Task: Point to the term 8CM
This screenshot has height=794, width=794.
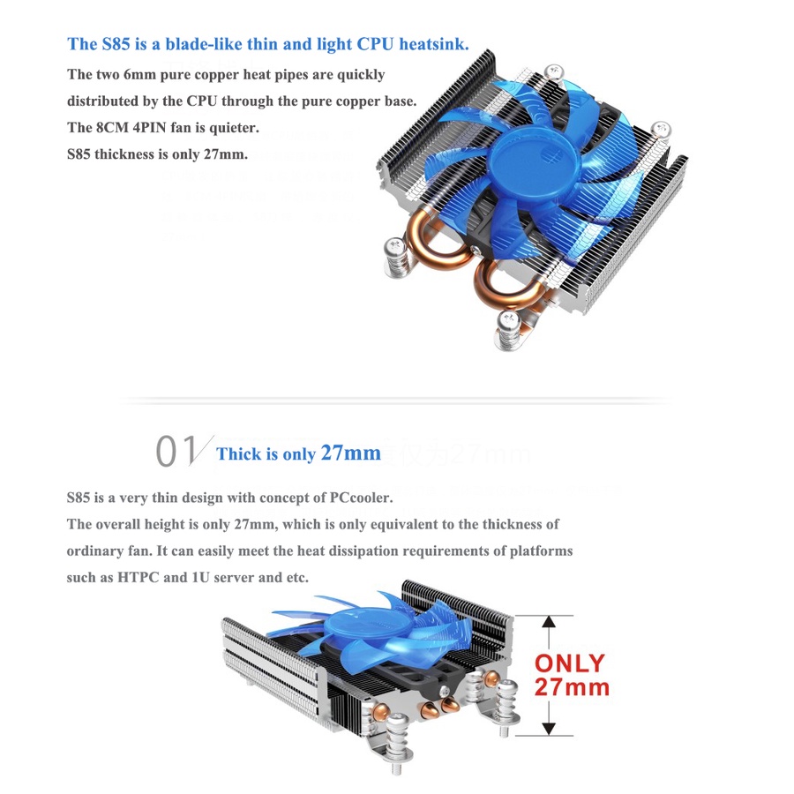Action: pyautogui.click(x=114, y=128)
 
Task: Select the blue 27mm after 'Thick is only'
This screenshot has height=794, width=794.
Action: pyautogui.click(x=350, y=453)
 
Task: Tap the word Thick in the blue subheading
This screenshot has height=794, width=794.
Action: pyautogui.click(x=239, y=454)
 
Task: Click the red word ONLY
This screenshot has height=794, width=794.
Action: pyautogui.click(x=570, y=663)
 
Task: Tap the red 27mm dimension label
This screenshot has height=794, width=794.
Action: pyautogui.click(x=572, y=686)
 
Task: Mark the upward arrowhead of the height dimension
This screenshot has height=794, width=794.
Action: pyautogui.click(x=549, y=623)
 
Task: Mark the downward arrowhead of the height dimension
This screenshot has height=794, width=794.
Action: pyautogui.click(x=549, y=728)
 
